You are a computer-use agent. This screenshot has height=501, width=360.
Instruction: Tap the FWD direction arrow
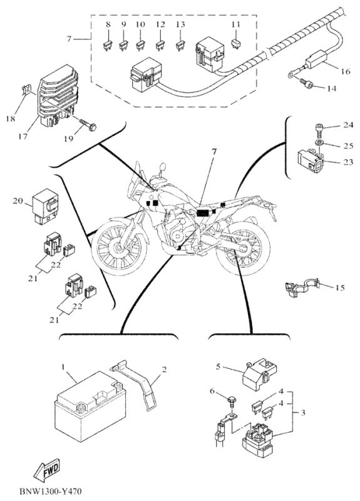[47, 469]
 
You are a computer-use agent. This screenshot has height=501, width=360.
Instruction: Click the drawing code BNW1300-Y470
[51, 490]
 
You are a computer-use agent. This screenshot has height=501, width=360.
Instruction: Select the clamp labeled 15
[302, 287]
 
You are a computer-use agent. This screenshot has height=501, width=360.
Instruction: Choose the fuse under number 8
[108, 46]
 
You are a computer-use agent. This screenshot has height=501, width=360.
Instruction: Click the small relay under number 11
[235, 43]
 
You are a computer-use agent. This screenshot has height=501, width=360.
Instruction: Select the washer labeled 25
[319, 142]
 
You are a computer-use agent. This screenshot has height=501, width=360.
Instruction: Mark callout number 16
[346, 71]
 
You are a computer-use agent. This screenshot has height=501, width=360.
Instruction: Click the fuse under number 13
[180, 46]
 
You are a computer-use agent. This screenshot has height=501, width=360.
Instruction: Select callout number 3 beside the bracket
[302, 413]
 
